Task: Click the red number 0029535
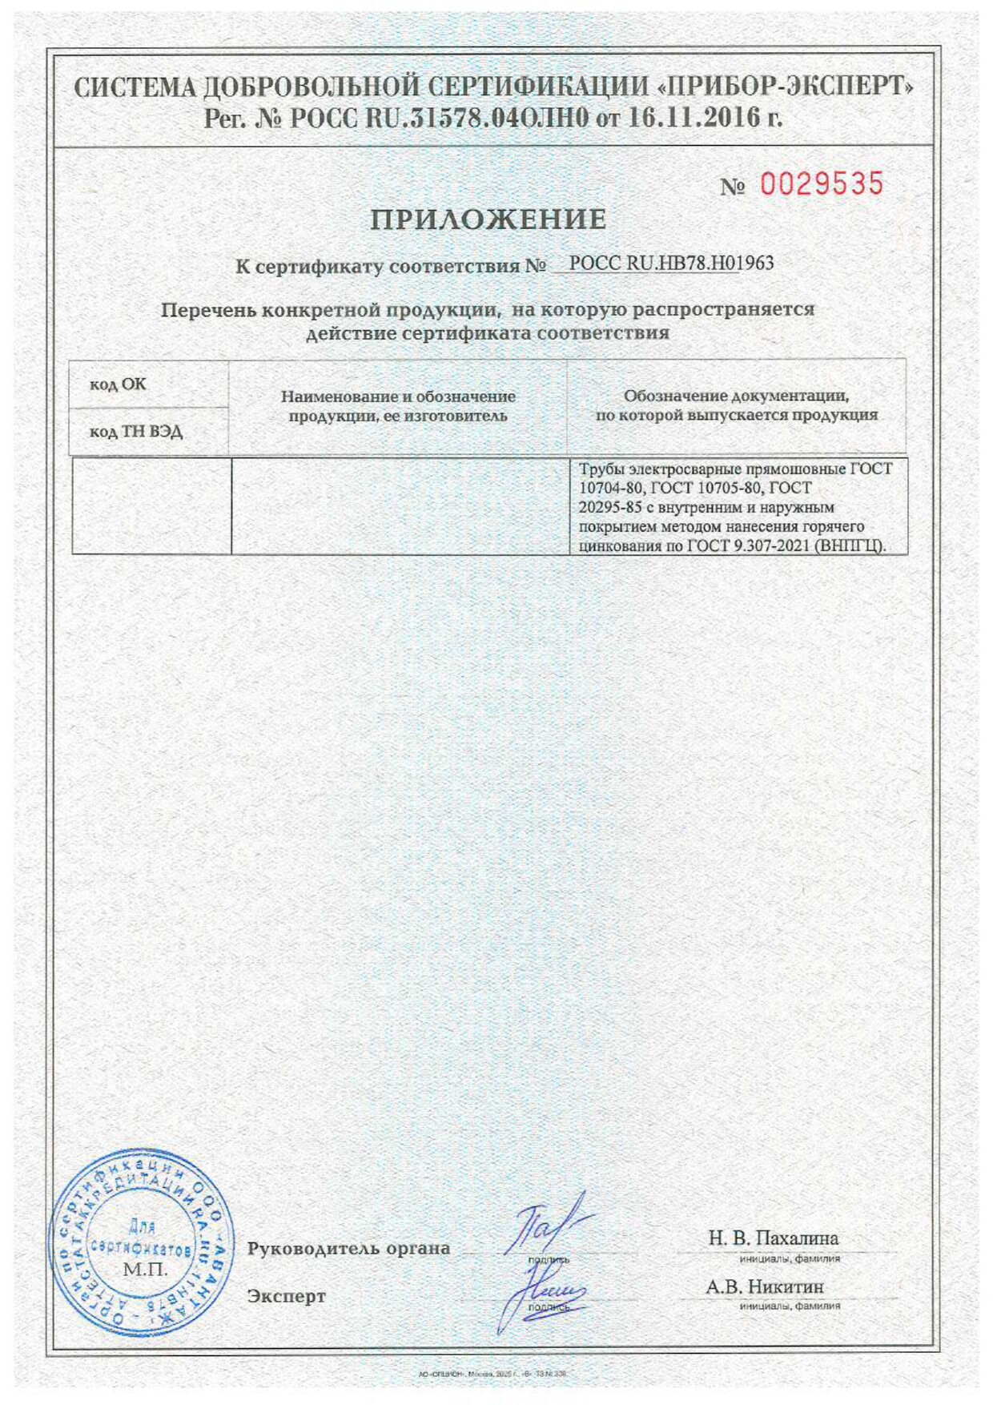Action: (x=821, y=184)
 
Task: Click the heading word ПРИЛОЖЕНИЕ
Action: (x=488, y=219)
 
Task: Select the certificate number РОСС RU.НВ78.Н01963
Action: (x=671, y=264)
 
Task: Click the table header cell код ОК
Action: (x=118, y=384)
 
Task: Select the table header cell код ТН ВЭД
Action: (x=136, y=432)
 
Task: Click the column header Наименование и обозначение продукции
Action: (x=398, y=406)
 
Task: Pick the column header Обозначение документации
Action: (x=736, y=405)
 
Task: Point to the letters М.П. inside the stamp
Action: (x=145, y=1270)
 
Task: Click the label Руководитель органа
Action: (x=348, y=1248)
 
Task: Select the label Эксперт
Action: (x=286, y=1296)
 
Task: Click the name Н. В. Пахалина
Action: (x=773, y=1238)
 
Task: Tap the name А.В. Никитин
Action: (x=764, y=1286)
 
